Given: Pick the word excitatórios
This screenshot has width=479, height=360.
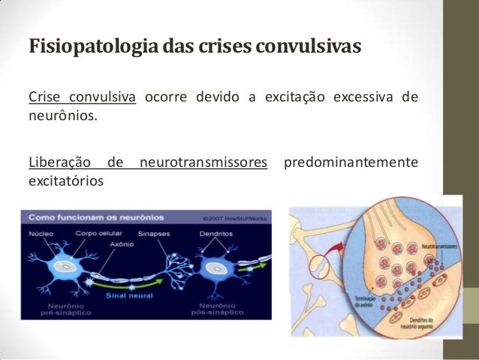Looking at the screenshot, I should tap(65, 181).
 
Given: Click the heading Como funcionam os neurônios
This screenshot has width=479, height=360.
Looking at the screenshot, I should tap(96, 216).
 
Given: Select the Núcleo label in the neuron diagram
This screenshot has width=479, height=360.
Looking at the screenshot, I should tap(41, 234).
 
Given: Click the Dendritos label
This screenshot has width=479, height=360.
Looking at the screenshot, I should tap(215, 234).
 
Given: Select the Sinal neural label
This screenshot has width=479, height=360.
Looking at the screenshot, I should tap(135, 295).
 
